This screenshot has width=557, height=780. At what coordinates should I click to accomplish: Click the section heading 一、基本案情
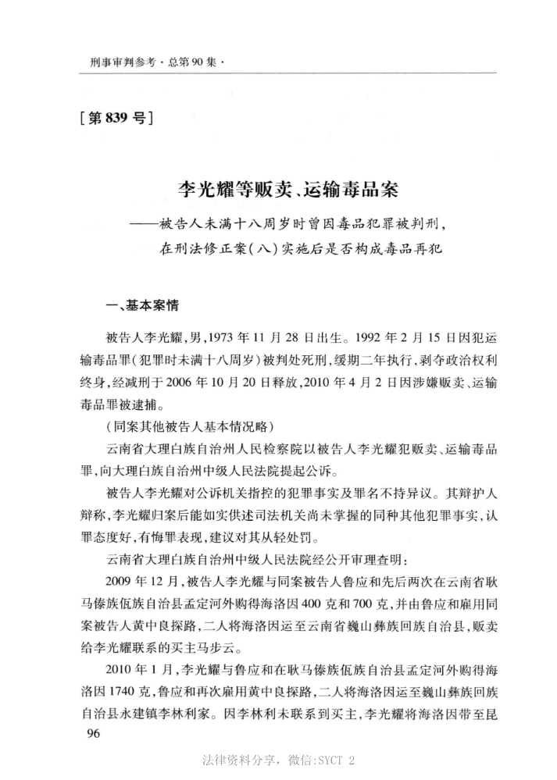[x=142, y=308]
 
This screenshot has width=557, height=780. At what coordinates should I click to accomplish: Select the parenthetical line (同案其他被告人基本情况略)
[x=187, y=429]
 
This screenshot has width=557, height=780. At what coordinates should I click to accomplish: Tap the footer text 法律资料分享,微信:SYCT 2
[x=279, y=759]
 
